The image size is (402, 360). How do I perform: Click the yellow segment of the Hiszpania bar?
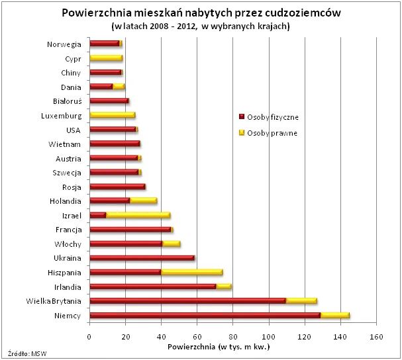[191, 273]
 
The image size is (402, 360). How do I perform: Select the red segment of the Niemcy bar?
[205, 316]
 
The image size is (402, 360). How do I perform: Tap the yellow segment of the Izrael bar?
[138, 215]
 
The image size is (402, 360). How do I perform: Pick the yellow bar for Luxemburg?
[112, 115]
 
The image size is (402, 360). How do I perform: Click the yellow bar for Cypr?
[106, 58]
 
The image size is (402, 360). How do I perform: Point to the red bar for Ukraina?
[142, 258]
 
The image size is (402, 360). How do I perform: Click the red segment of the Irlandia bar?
[152, 287]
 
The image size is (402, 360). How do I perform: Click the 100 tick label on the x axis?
[269, 336]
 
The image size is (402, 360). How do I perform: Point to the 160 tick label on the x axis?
[376, 336]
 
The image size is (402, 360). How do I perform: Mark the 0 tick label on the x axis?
[89, 336]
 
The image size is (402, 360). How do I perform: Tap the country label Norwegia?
[64, 44]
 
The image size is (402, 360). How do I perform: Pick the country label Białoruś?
[66, 101]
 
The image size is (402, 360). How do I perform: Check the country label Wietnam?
[65, 144]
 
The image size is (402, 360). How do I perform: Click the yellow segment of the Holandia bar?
[143, 201]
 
